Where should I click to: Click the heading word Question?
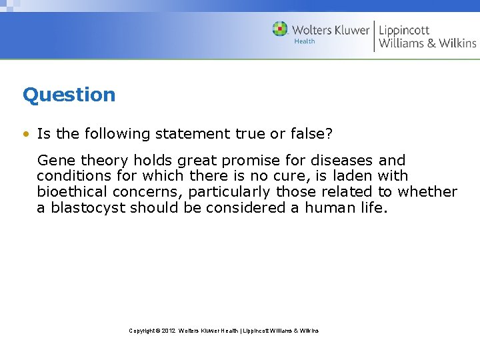click(x=69, y=95)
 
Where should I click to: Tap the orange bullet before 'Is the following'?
click(x=25, y=134)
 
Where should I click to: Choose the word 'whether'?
click(x=427, y=192)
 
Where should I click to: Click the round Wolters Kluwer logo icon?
click(x=280, y=29)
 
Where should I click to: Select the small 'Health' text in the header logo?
click(x=305, y=41)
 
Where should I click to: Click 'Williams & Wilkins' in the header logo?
click(x=427, y=43)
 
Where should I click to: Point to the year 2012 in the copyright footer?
click(x=169, y=331)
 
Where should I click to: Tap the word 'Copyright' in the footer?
click(x=141, y=331)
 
